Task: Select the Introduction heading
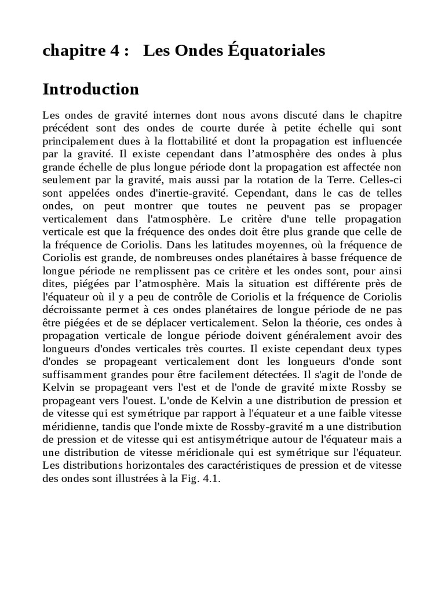(91, 89)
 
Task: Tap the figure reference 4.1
(211, 479)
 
